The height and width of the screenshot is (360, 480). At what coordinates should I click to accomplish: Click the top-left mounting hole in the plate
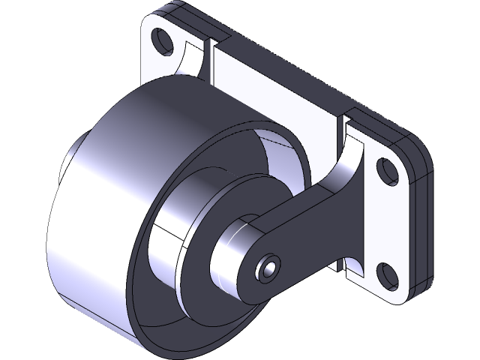click(x=159, y=37)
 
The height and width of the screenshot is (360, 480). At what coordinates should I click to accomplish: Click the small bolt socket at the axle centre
click(x=268, y=267)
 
